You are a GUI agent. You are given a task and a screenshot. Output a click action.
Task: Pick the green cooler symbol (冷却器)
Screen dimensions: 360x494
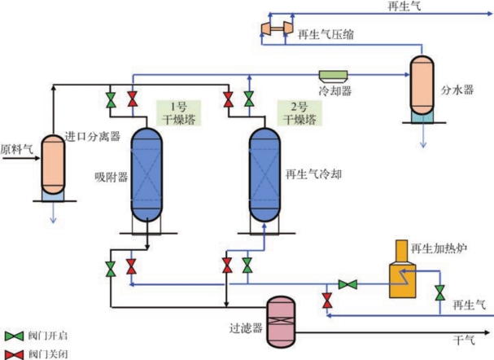pos(332,75)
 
